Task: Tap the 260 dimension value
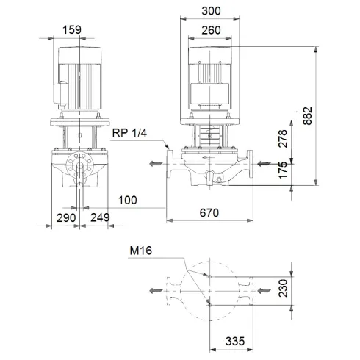pyautogui.click(x=211, y=30)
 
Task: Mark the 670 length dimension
pyautogui.click(x=210, y=214)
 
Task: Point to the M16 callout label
pyautogui.click(x=142, y=252)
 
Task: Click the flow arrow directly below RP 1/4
pyautogui.click(x=155, y=164)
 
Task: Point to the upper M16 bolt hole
pyautogui.click(x=210, y=276)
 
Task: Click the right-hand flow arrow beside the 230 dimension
pyautogui.click(x=262, y=291)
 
